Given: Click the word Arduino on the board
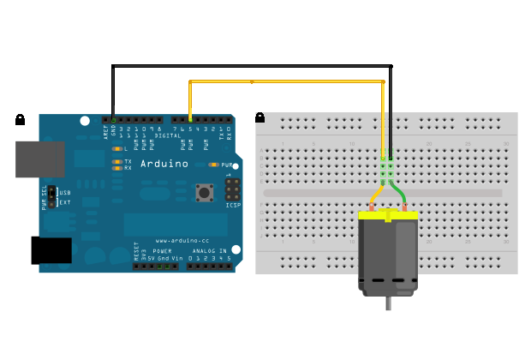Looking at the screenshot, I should pyautogui.click(x=164, y=162).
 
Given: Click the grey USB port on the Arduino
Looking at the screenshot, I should pyautogui.click(x=39, y=159).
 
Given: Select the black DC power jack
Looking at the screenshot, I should pyautogui.click(x=51, y=249).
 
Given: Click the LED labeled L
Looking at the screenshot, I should pyautogui.click(x=116, y=149).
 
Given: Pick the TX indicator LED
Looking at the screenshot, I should pyautogui.click(x=116, y=160).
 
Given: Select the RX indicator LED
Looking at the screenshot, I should pyautogui.click(x=116, y=168).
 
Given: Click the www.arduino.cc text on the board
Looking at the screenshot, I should pyautogui.click(x=178, y=241).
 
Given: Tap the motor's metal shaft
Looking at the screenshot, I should pyautogui.click(x=390, y=305).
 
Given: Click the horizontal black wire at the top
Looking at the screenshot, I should pyautogui.click(x=248, y=66).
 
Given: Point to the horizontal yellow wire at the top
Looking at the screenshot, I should pyautogui.click(x=283, y=82).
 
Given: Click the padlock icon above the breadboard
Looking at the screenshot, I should pyautogui.click(x=260, y=117).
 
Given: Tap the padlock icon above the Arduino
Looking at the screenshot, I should pyautogui.click(x=20, y=120).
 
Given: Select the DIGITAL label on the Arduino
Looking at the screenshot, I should pyautogui.click(x=167, y=135).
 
